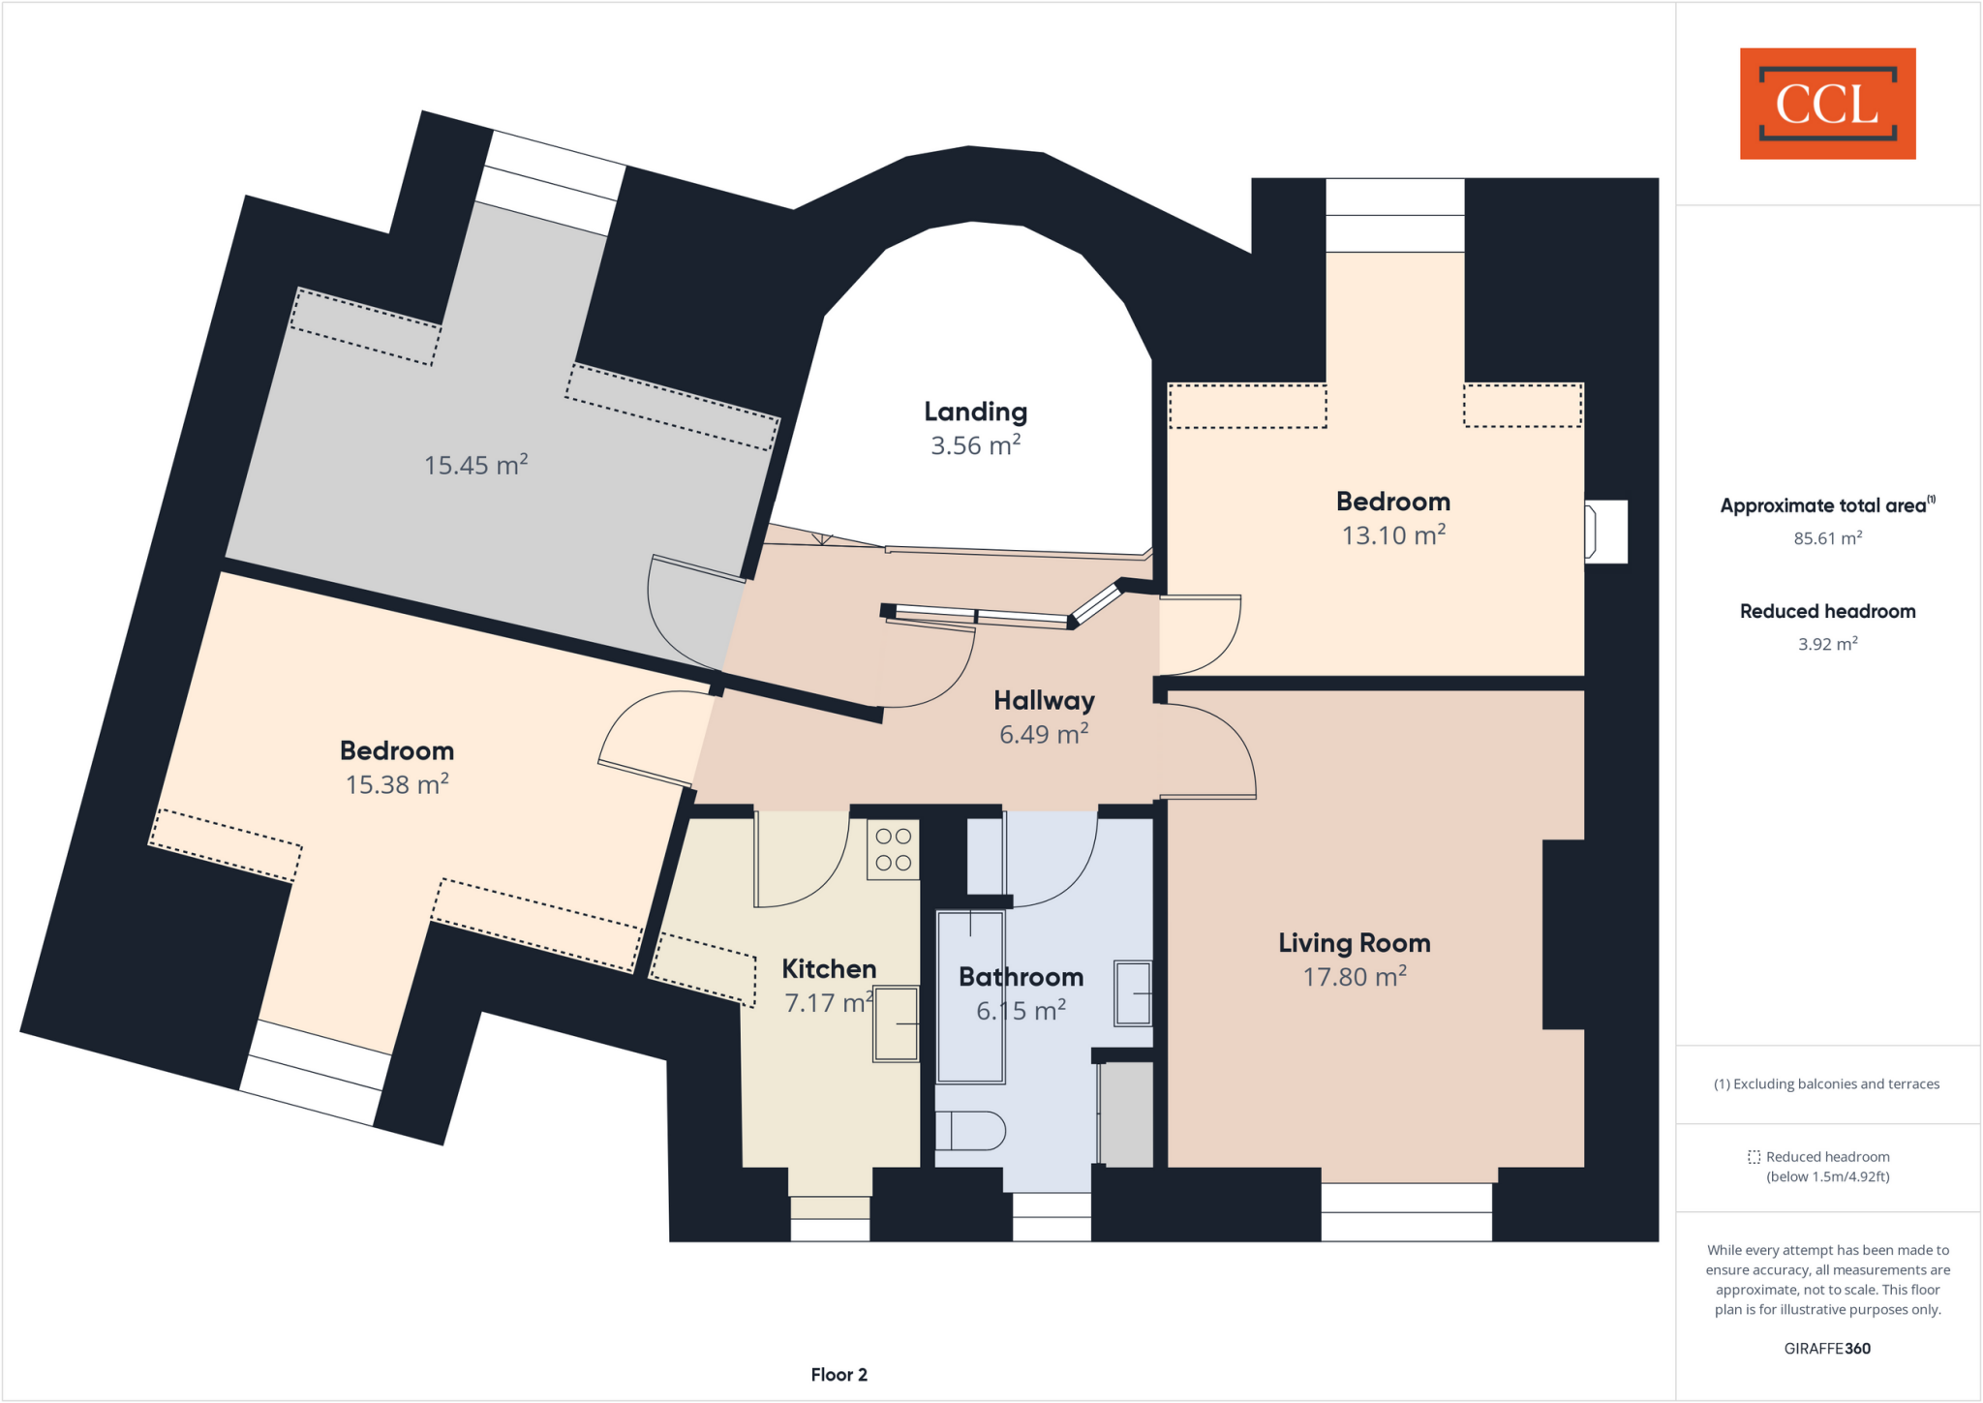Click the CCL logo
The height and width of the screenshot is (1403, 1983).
pyautogui.click(x=1827, y=104)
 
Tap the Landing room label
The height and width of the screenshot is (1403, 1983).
pyautogui.click(x=975, y=412)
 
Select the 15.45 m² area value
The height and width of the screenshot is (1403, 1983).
pyautogui.click(x=475, y=465)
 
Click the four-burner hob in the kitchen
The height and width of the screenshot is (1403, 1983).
pyautogui.click(x=893, y=850)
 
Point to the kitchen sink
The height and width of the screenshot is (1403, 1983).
pyautogui.click(x=896, y=1023)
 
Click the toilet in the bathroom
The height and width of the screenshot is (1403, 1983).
pyautogui.click(x=970, y=1130)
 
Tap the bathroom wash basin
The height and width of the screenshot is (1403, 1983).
pyautogui.click(x=1132, y=992)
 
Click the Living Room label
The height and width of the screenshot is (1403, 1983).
pyautogui.click(x=1354, y=943)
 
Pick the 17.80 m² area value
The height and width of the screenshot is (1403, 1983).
pyautogui.click(x=1354, y=977)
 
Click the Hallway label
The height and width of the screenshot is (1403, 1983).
pyautogui.click(x=1044, y=700)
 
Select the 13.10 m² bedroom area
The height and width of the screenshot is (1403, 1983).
pyautogui.click(x=1393, y=535)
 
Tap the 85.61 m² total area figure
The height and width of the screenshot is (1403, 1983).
pyautogui.click(x=1827, y=538)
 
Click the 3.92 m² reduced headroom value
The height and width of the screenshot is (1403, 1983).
pyautogui.click(x=1827, y=644)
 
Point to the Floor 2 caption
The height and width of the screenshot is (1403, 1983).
pyautogui.click(x=839, y=1375)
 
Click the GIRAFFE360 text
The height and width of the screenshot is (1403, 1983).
pyautogui.click(x=1827, y=1349)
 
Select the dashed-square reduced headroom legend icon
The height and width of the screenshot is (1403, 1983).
pyautogui.click(x=1754, y=1157)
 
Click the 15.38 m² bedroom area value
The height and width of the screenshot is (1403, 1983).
pyautogui.click(x=397, y=784)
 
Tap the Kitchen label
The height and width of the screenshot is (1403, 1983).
pyautogui.click(x=829, y=969)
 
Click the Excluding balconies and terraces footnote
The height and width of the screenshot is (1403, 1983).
pyautogui.click(x=1827, y=1084)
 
